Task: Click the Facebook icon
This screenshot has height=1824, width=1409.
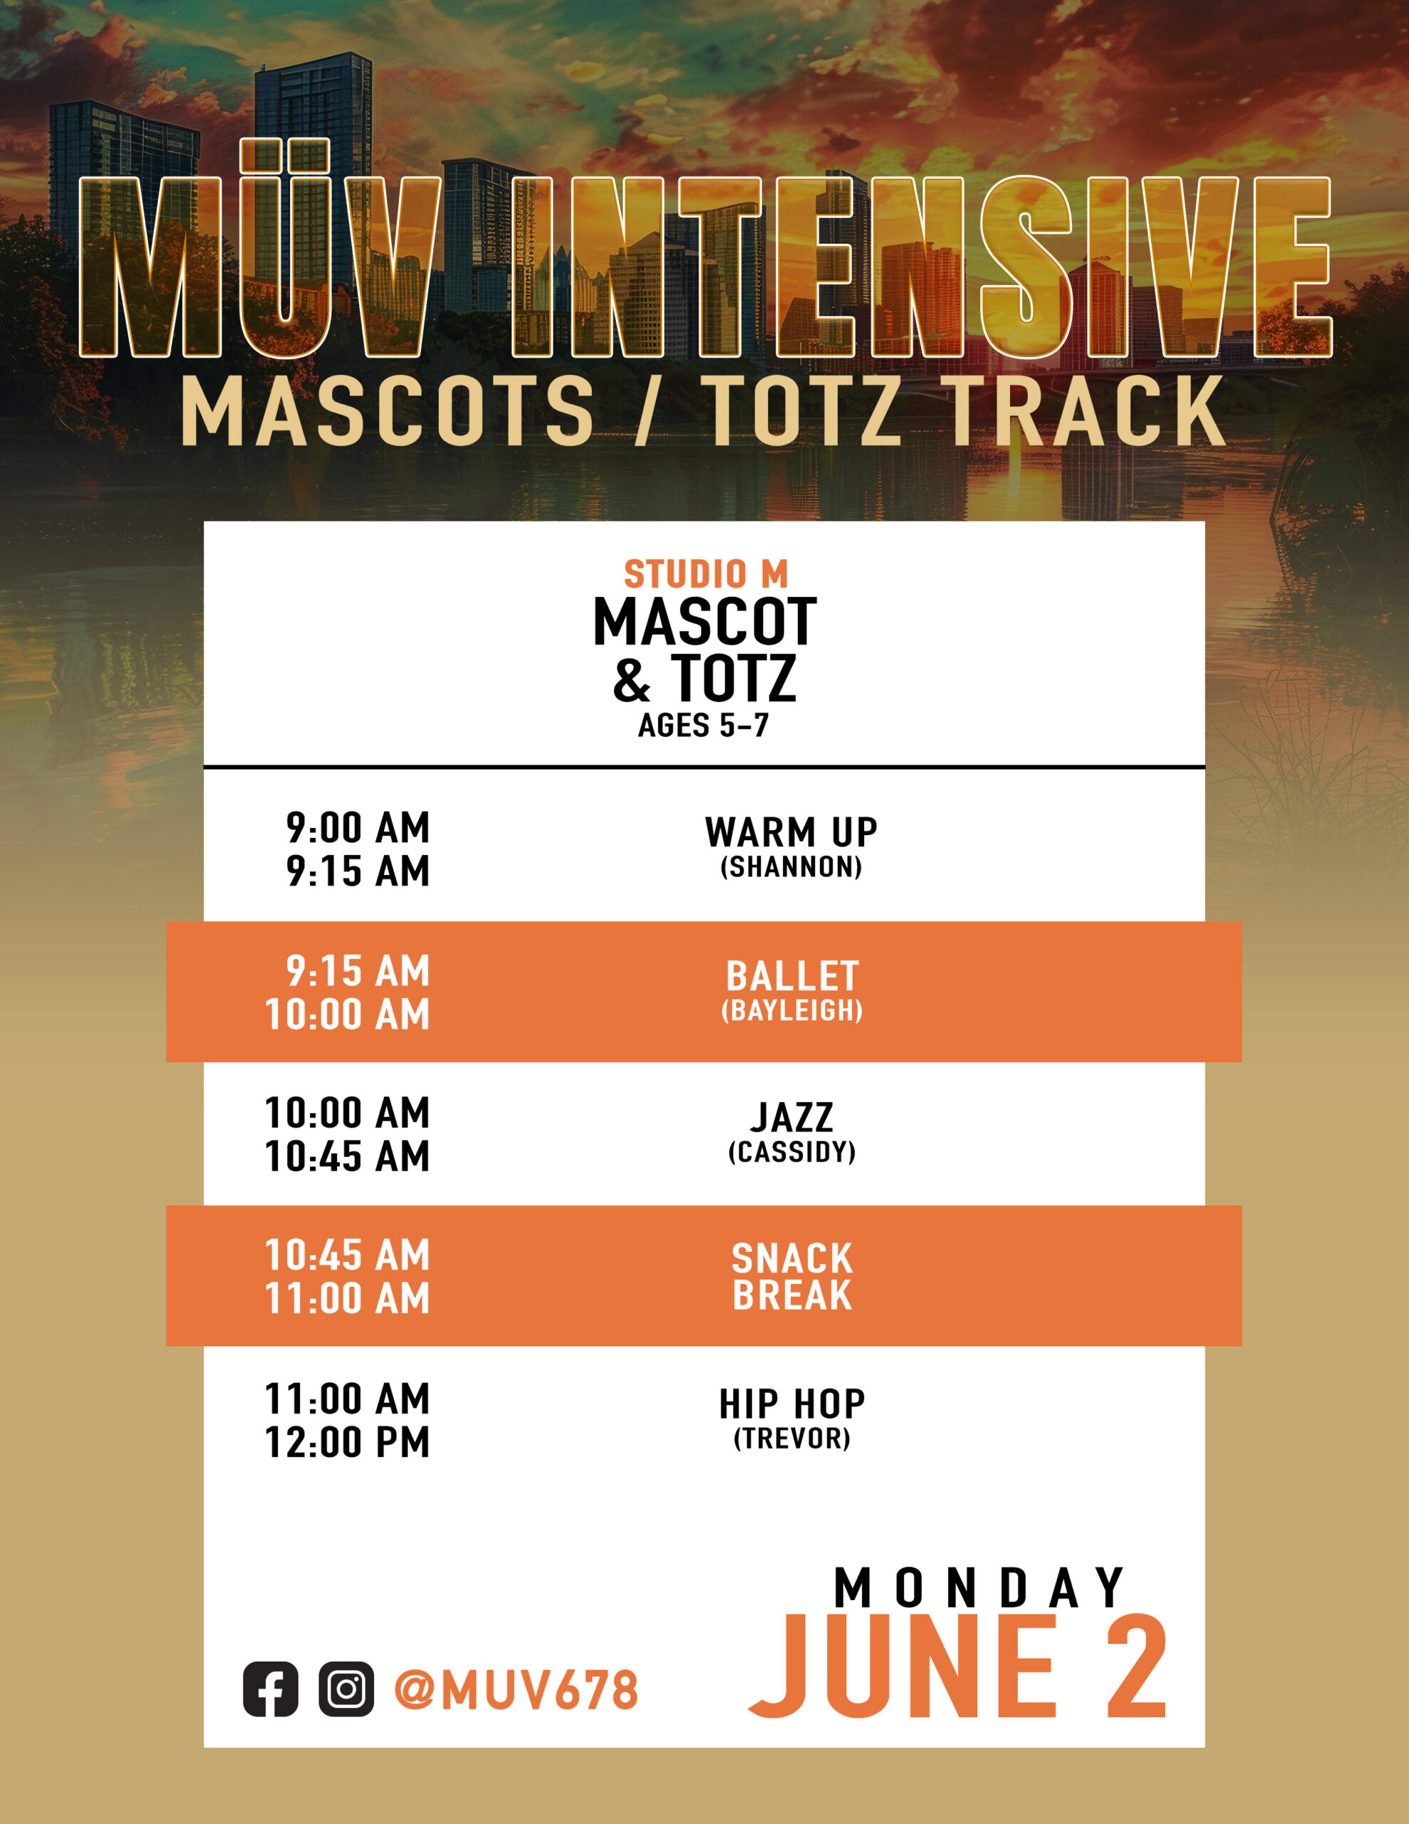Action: point(270,1689)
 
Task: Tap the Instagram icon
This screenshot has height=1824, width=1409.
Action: point(345,1689)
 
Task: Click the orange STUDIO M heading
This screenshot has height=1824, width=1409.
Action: point(706,574)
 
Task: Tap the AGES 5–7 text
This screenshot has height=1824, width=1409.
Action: point(703,725)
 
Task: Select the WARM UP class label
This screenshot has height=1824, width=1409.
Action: point(791,831)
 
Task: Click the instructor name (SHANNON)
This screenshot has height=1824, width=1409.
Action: point(791,867)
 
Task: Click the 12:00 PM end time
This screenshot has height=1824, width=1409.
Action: point(348,1442)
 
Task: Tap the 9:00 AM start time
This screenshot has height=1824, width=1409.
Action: point(358,828)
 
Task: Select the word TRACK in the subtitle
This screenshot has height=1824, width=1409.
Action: point(1086,410)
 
